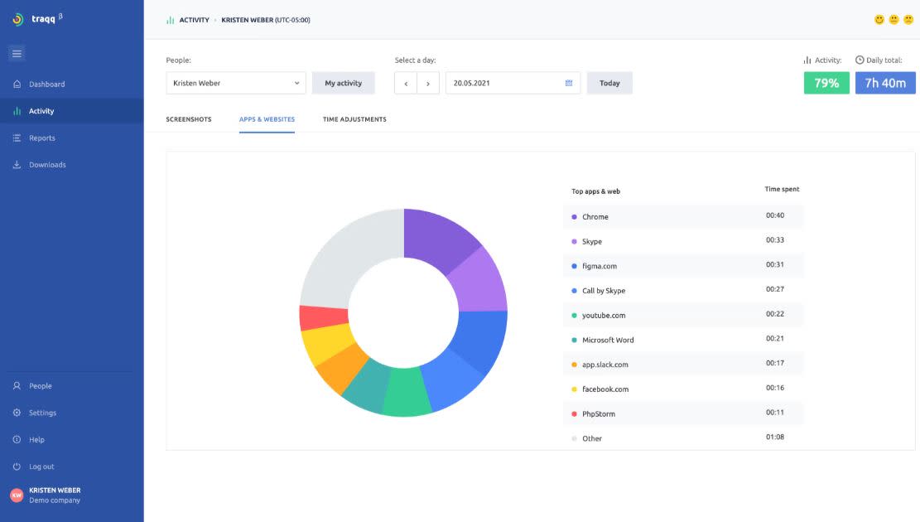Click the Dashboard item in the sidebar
coord(46,85)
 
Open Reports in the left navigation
coord(41,138)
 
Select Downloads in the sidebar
coord(46,165)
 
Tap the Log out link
coord(41,466)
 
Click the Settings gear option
coord(41,413)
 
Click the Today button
coord(609,83)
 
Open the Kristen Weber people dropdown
coord(236,83)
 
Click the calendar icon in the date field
coord(569,83)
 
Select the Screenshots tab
coord(189,119)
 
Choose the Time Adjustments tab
coord(354,119)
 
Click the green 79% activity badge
coord(826,83)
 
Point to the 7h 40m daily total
coord(885,83)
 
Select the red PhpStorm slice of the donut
coord(313,318)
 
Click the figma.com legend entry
coord(599,266)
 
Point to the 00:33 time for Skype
coord(774,241)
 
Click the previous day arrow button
coord(406,83)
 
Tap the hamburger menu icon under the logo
coord(17,54)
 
